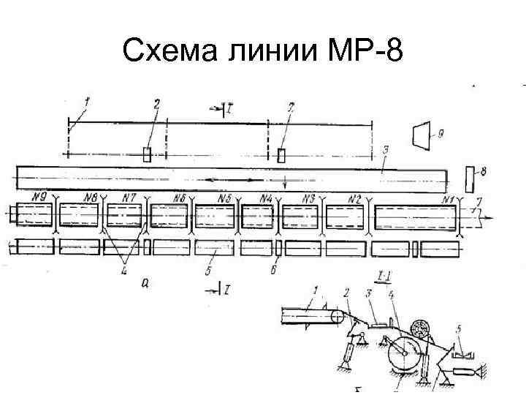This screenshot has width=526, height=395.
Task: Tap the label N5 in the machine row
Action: click(x=225, y=198)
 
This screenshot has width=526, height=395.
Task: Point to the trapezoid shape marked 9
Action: click(x=422, y=135)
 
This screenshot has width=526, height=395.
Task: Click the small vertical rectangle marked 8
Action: click(x=470, y=177)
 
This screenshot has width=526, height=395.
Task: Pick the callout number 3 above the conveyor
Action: click(x=385, y=151)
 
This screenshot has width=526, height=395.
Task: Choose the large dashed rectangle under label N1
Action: click(x=415, y=217)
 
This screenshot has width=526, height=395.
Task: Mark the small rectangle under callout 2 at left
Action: click(x=147, y=154)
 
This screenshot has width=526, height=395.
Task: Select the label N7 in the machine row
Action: click(x=129, y=197)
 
